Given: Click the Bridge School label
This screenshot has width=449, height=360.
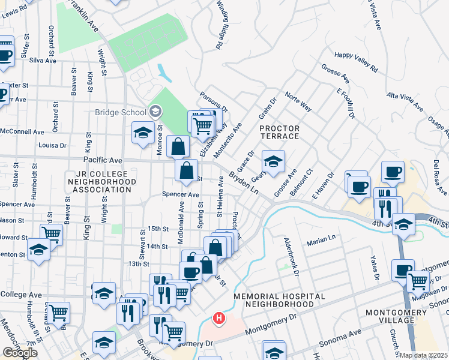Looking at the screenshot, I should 120,112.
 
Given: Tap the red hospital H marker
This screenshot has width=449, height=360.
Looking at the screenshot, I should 220,318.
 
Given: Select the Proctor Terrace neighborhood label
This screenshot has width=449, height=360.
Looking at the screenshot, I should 279,132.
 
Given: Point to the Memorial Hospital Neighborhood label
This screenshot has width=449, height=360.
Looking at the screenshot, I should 279,300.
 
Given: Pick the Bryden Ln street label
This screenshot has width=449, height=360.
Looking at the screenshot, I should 244,184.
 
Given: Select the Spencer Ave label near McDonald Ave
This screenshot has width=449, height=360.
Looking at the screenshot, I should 181,194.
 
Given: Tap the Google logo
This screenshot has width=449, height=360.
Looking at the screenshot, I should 20,352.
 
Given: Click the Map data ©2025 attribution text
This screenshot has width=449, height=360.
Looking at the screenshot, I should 423,355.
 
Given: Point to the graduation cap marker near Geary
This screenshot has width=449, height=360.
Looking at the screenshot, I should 273,162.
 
